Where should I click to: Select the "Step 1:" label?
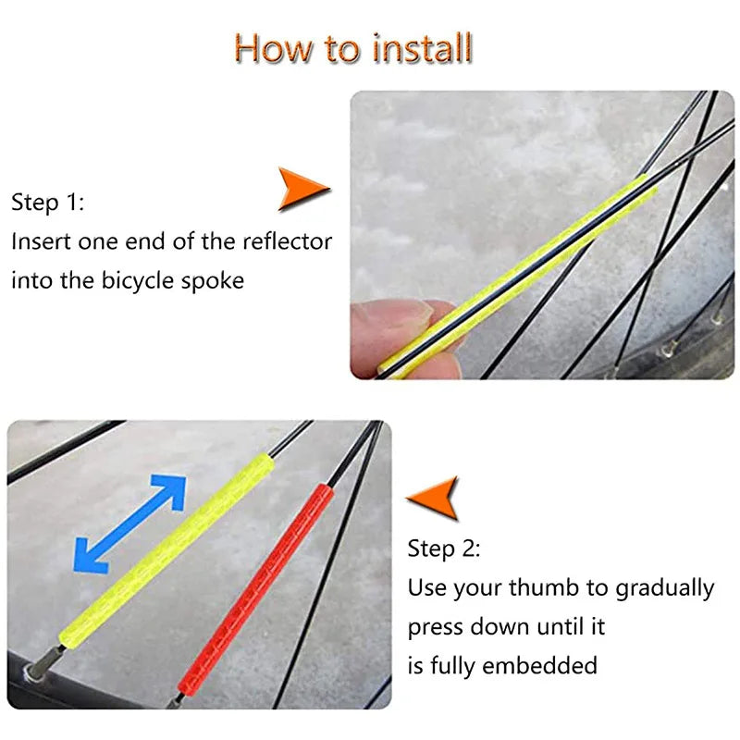(47, 203)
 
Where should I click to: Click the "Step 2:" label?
(444, 549)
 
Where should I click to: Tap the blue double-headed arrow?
(129, 524)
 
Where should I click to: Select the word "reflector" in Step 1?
(287, 242)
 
